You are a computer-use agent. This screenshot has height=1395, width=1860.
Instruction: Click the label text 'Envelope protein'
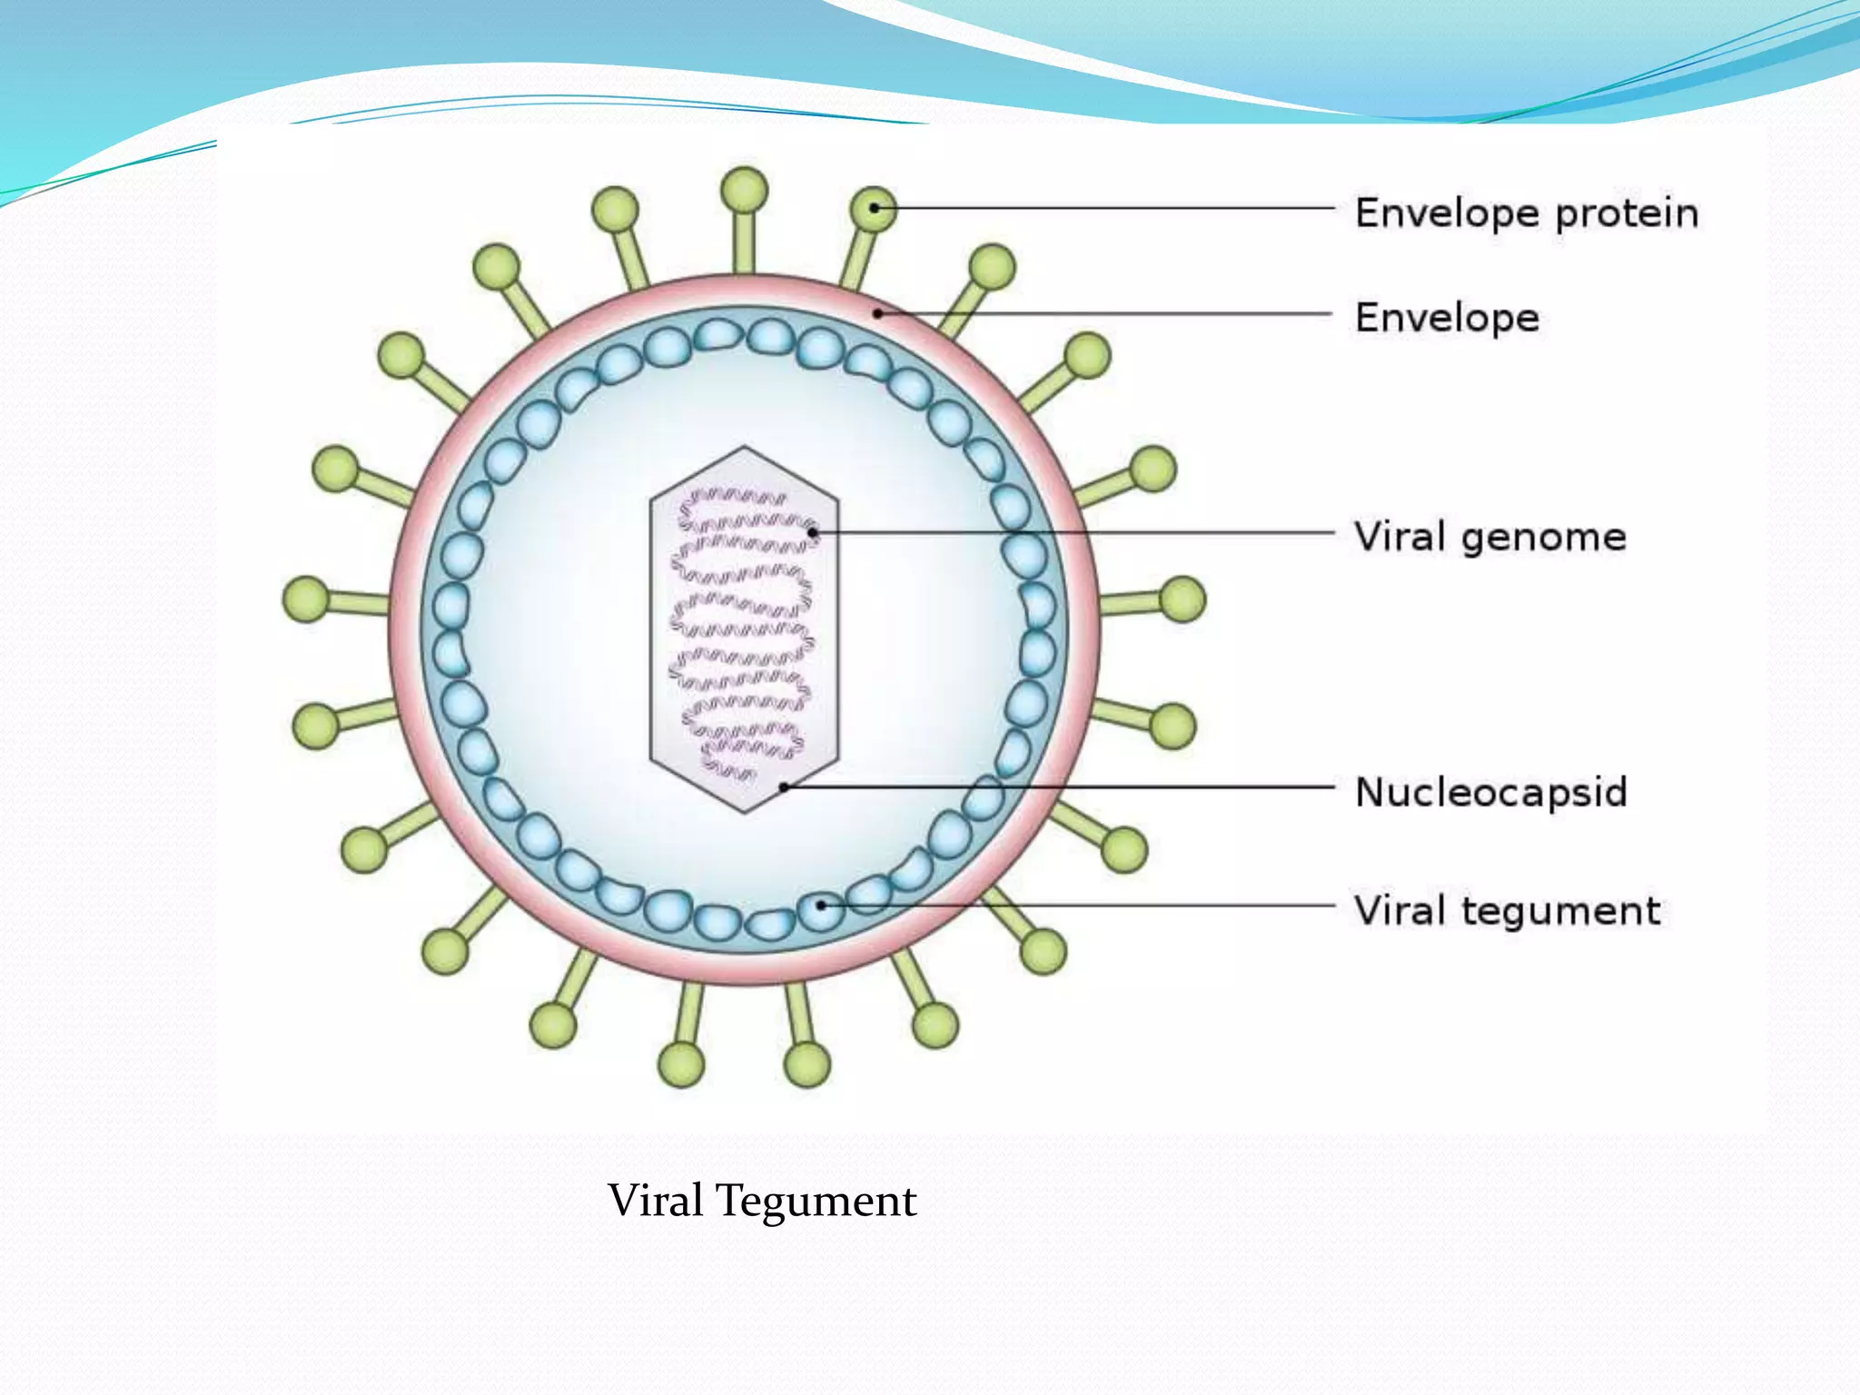click(1526, 213)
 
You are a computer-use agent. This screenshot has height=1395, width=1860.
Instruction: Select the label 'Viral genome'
click(1489, 537)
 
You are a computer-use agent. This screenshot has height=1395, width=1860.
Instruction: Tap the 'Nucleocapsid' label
click(1489, 792)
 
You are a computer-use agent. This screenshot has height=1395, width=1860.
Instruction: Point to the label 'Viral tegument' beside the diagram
click(1507, 910)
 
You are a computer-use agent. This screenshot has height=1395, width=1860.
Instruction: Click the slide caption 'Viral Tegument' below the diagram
click(761, 1200)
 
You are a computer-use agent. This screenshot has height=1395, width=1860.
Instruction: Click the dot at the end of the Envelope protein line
click(874, 208)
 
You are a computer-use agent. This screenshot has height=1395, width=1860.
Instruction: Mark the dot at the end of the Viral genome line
click(813, 532)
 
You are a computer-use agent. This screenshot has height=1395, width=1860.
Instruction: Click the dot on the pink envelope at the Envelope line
click(878, 314)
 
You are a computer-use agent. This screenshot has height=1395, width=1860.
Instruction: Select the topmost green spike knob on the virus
click(744, 191)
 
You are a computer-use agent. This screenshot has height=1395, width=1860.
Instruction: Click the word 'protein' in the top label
click(1626, 213)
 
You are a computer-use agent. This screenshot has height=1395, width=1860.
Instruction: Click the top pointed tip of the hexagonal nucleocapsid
click(745, 447)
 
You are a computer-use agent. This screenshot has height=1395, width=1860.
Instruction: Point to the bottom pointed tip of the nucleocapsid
click(745, 812)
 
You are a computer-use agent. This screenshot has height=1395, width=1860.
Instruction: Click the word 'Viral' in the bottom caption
click(655, 1200)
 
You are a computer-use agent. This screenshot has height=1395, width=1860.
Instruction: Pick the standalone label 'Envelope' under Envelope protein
click(1447, 318)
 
